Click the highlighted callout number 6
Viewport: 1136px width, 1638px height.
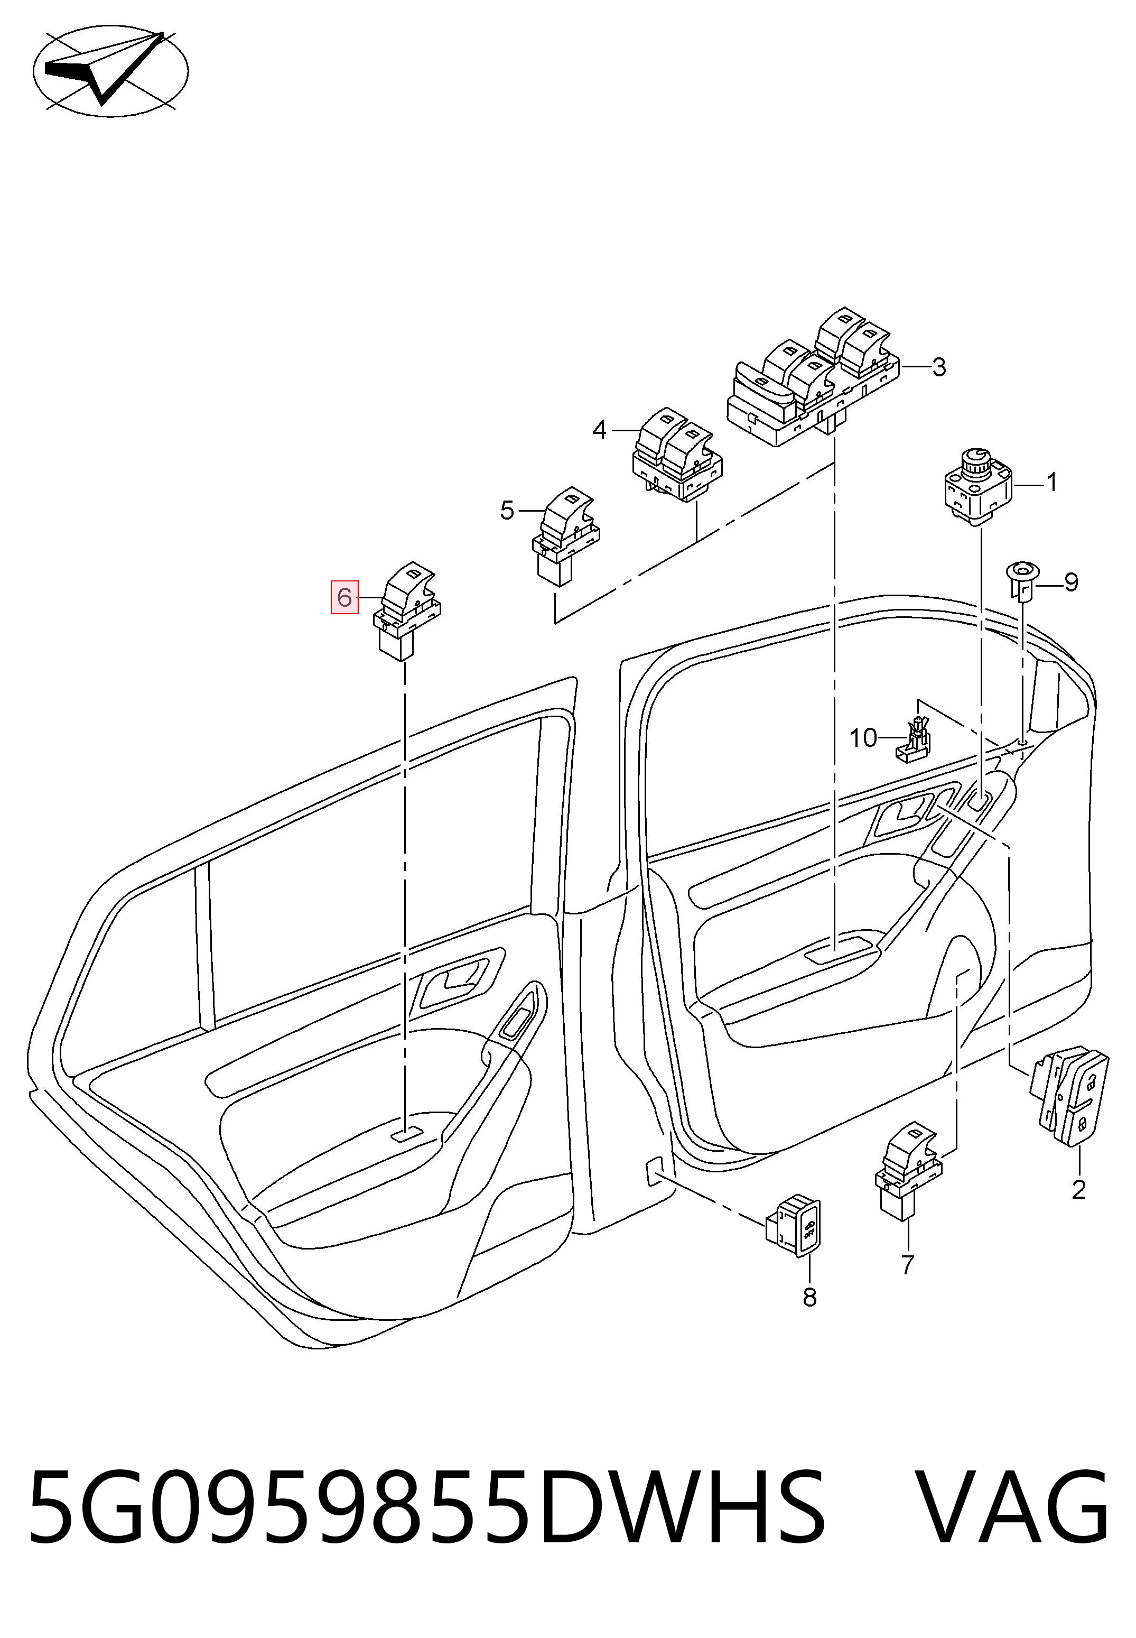pos(344,597)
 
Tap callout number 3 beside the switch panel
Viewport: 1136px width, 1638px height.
pos(939,367)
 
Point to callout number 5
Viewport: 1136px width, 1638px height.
pos(507,511)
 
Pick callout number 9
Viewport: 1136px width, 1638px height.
pos(1071,582)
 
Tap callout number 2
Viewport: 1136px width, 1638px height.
pos(1078,1190)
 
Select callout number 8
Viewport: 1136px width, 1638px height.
pos(809,1298)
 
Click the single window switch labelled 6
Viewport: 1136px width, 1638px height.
pos(408,612)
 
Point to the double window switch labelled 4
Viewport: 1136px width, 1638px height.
pos(678,454)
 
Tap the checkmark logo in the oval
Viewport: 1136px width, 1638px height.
pos(111,71)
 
